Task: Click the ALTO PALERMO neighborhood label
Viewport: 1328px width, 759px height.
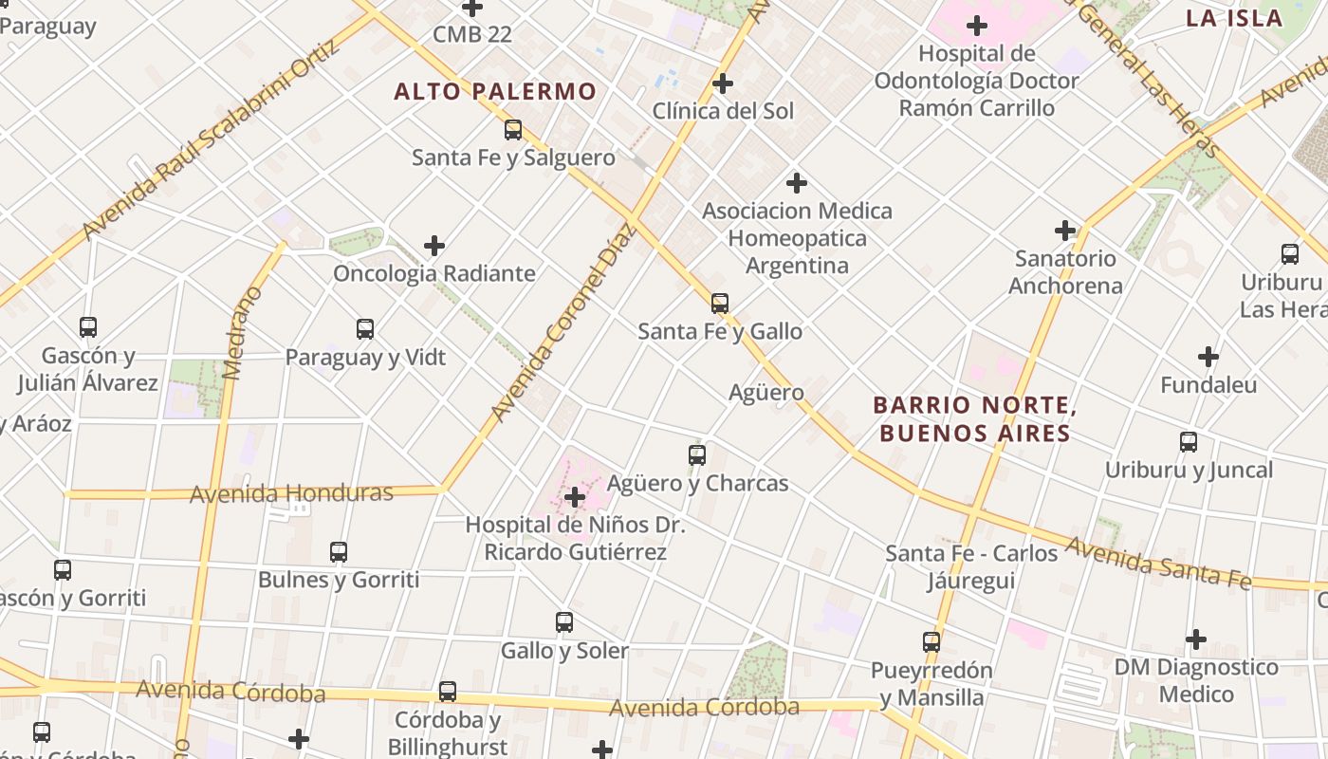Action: click(495, 92)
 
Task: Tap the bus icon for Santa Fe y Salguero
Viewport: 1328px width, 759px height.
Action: click(513, 130)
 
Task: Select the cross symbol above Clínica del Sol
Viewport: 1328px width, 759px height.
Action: click(723, 83)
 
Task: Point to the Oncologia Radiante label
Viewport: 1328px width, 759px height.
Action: click(434, 274)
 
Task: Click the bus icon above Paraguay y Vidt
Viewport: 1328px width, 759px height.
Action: click(365, 329)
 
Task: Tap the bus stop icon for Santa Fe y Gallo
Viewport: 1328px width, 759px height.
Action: click(720, 304)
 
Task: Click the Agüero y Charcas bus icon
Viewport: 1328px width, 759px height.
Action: click(697, 455)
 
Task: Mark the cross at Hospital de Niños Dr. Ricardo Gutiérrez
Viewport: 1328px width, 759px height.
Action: click(574, 496)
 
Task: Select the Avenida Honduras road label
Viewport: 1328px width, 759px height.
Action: click(291, 493)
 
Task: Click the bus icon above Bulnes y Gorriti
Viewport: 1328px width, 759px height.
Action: click(339, 552)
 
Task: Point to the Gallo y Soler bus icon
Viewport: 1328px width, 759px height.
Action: click(564, 622)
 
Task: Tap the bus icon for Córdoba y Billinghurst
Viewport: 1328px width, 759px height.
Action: click(448, 692)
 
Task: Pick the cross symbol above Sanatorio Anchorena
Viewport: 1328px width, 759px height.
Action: click(1065, 230)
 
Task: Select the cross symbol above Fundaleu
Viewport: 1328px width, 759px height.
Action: click(1208, 357)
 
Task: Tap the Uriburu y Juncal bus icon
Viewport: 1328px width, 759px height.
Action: click(1189, 442)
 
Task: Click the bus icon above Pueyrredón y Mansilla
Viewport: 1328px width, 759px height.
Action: click(931, 642)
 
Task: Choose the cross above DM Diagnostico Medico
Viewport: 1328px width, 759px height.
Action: click(1196, 639)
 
